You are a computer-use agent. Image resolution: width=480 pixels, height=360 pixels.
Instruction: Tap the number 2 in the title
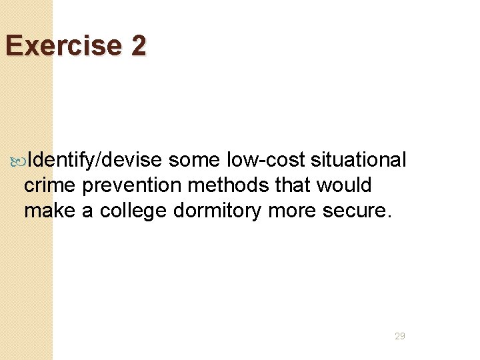tap(139, 46)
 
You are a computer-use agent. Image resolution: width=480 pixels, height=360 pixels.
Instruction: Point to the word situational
tap(358, 161)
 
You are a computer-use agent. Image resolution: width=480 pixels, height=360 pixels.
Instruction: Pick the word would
tap(344, 185)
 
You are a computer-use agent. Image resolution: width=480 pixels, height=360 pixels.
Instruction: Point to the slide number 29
tap(400, 337)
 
